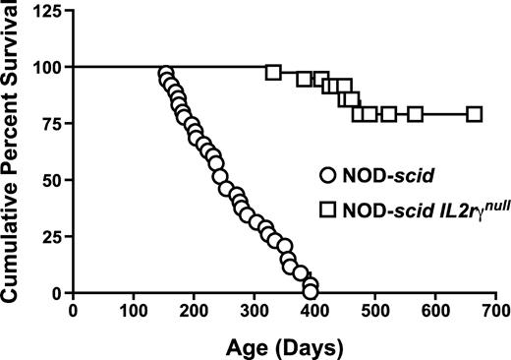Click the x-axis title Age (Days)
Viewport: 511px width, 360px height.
point(284,346)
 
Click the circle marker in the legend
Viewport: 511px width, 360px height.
point(329,178)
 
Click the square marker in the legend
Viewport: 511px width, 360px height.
point(329,209)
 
